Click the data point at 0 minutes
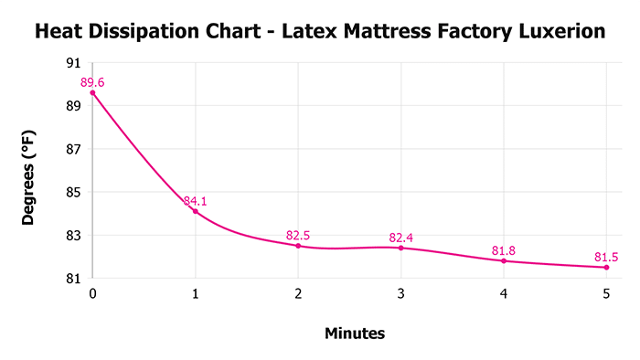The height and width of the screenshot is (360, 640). click(x=92, y=92)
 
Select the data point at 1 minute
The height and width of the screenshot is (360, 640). click(x=196, y=211)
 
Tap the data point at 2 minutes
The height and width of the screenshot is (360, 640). click(x=298, y=246)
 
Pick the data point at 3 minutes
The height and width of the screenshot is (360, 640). click(x=401, y=248)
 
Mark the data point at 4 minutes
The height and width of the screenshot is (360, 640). click(x=504, y=260)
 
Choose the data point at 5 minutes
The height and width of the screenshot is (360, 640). click(x=606, y=267)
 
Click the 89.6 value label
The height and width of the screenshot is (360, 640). click(x=92, y=82)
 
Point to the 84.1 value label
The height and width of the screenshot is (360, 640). click(x=196, y=201)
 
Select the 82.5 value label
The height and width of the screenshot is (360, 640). click(x=298, y=236)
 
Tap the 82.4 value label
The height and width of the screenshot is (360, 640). click(x=401, y=238)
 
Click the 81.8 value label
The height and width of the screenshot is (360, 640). click(x=504, y=250)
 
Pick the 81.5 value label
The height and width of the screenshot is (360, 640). click(x=606, y=257)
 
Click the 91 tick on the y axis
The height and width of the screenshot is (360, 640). click(x=73, y=63)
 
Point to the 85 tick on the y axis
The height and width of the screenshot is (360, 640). click(x=73, y=192)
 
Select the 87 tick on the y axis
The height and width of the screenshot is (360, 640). click(x=73, y=149)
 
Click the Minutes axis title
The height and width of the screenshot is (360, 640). click(x=355, y=334)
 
